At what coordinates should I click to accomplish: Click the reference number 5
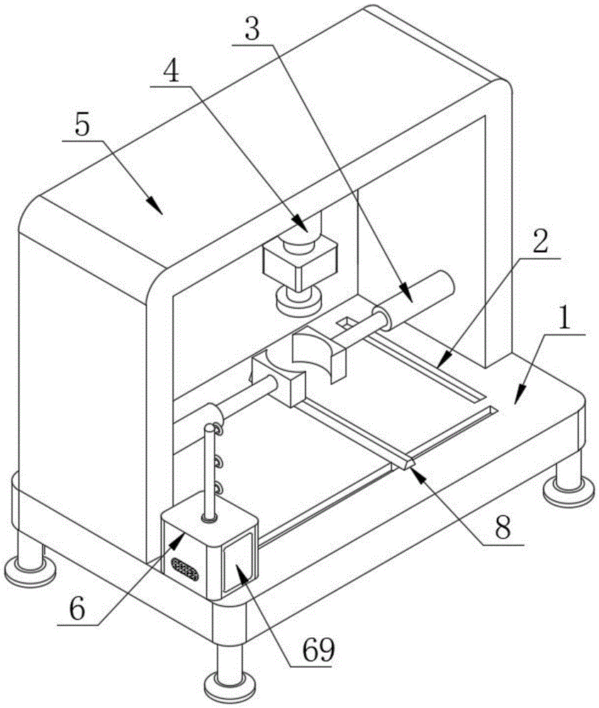coord(83,126)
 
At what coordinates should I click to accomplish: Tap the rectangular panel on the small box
coord(237,564)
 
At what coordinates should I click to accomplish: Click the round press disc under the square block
coord(298,299)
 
